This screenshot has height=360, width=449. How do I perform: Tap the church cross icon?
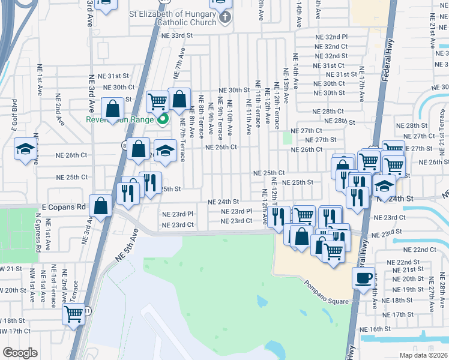pos(225,16)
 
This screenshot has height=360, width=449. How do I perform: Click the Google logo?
pos(20,353)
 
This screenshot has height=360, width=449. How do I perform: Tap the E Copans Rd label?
pos(61,206)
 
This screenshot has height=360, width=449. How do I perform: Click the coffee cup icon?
pos(364,278)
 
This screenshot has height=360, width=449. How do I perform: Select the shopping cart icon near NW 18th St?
pos(74,313)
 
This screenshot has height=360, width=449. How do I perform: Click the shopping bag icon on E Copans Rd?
pos(101,205)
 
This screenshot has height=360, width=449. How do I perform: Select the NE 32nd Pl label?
pos(331,37)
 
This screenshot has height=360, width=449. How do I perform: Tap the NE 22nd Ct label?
pos(416,249)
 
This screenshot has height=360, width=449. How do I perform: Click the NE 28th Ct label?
pos(328,112)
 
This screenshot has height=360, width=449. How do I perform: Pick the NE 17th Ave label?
pos(362,83)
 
